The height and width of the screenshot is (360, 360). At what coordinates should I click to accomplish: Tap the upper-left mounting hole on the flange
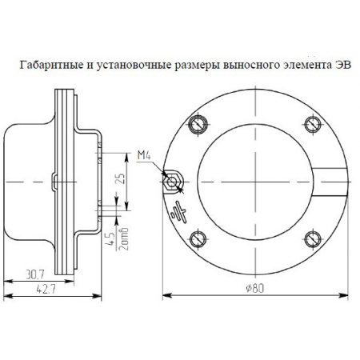tap(198, 122)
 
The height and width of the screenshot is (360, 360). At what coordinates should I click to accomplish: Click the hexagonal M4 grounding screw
tap(171, 180)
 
